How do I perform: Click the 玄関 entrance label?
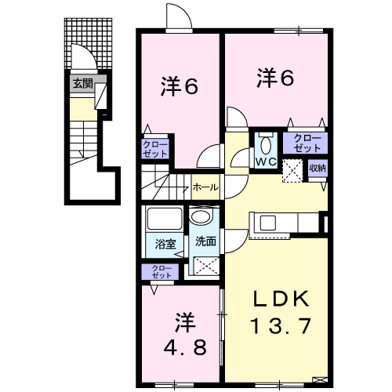click(x=82, y=82)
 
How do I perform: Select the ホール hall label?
click(x=205, y=187)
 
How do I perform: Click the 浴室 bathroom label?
click(x=164, y=242)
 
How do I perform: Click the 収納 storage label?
click(x=317, y=168)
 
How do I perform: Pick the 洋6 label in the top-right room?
click(x=275, y=78)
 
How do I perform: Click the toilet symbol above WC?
click(x=263, y=144)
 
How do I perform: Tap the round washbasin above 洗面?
click(x=201, y=217)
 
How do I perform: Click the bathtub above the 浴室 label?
click(x=163, y=219)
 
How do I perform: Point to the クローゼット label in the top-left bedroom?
click(x=153, y=149)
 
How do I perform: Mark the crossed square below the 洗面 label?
click(x=205, y=266)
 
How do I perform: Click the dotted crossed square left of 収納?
click(x=293, y=169)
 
